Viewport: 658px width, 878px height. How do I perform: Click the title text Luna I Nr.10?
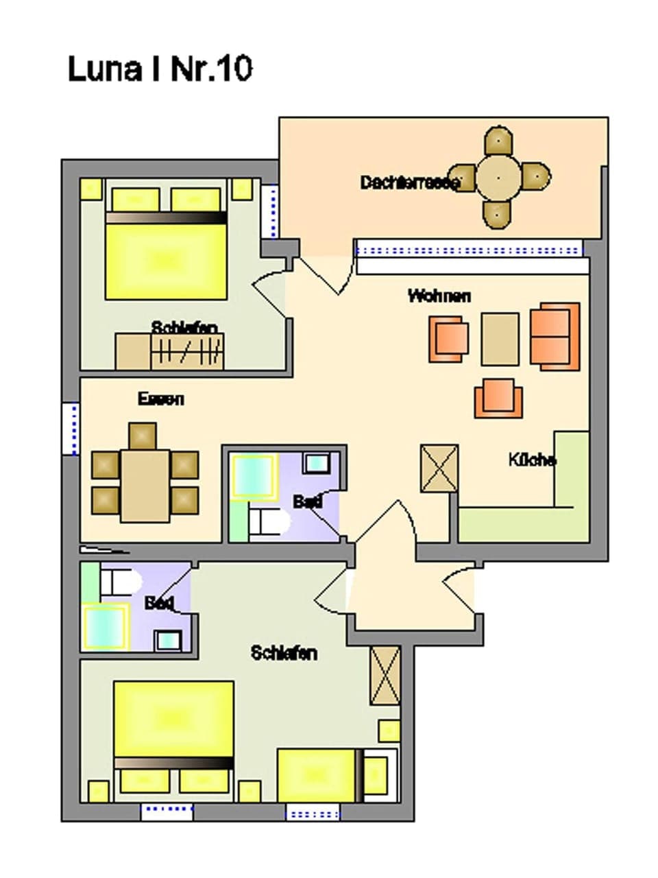160,69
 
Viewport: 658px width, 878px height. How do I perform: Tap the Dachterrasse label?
409,182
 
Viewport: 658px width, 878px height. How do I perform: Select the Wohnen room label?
439,296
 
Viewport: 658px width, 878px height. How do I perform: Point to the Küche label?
532,460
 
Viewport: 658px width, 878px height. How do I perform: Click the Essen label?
161,399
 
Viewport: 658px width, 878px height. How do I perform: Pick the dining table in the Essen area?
145,485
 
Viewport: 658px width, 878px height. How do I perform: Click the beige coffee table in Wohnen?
500,339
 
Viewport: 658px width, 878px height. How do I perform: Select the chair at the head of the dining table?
143,436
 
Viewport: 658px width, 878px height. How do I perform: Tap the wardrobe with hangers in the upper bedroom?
187,352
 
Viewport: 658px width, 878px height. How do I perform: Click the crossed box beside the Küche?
439,468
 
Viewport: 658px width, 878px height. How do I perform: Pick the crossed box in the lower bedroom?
385,676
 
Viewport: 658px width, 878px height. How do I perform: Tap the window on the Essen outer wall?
71,429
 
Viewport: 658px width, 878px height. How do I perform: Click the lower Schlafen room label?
284,653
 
